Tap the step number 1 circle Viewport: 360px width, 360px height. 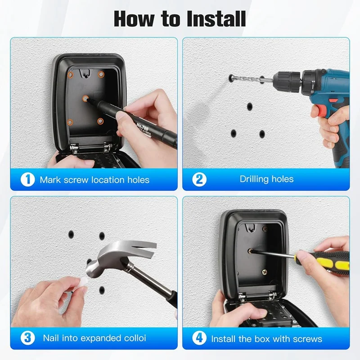coord(27,180)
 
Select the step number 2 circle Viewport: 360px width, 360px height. coord(199,179)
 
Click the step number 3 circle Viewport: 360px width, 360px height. coord(27,337)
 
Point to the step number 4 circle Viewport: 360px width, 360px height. coord(199,338)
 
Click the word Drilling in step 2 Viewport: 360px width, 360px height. coord(255,179)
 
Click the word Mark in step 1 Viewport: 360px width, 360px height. coord(50,180)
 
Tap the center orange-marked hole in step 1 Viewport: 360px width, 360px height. coord(85,97)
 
